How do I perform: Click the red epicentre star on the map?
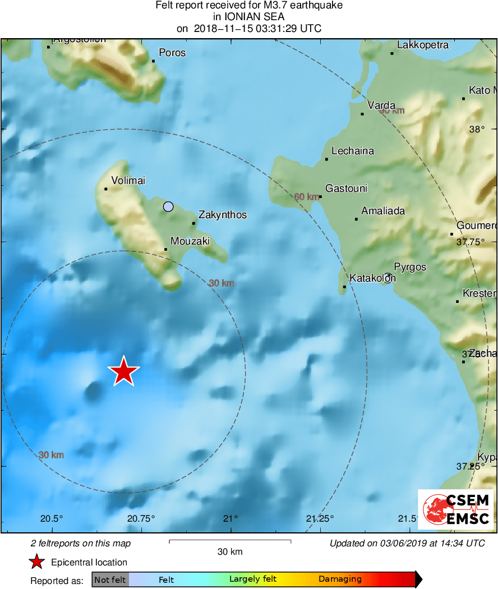tap(123, 371)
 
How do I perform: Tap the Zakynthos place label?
tap(223, 215)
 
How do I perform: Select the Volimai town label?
tap(128, 181)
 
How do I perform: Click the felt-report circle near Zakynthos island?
tap(168, 206)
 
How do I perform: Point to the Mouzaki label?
tap(190, 241)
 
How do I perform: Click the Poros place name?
tap(172, 53)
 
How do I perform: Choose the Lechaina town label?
tap(353, 151)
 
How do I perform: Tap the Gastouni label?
tap(347, 188)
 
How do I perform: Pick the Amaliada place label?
tap(383, 211)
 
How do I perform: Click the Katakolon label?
tap(372, 278)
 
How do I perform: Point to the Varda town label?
tap(381, 105)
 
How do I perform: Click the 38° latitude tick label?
tap(477, 129)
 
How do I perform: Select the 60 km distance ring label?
tap(307, 197)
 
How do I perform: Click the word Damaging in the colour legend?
tap(340, 579)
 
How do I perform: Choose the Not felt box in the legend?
tap(110, 579)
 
